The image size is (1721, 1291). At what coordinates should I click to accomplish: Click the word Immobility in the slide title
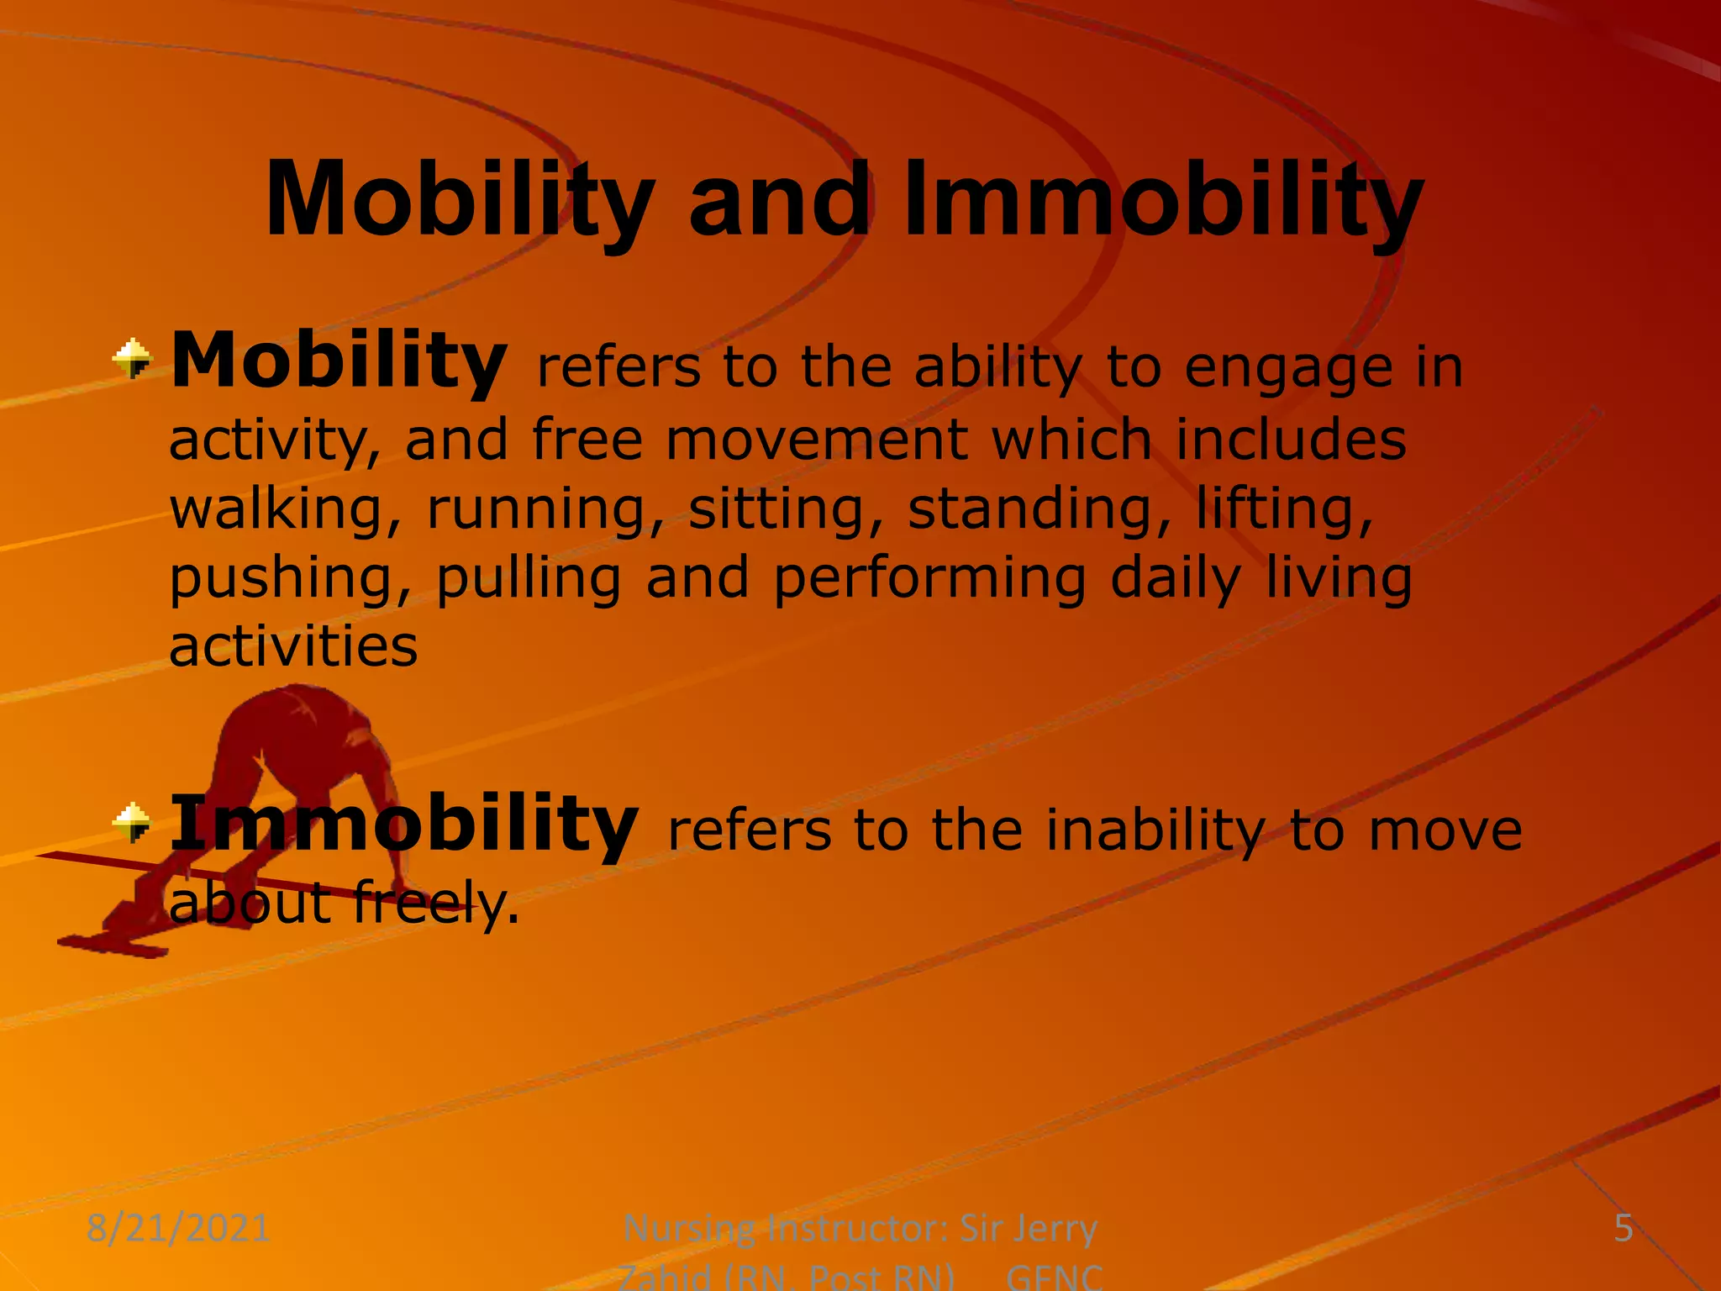(x=1163, y=202)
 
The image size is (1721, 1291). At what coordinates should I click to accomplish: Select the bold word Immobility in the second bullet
(x=404, y=825)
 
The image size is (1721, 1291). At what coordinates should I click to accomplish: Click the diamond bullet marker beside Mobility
(x=133, y=359)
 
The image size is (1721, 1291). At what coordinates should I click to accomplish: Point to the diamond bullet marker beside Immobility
(x=133, y=822)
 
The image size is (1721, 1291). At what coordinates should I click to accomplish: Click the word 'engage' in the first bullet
(x=1288, y=370)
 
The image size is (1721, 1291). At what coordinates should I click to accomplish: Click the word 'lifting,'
(x=1285, y=510)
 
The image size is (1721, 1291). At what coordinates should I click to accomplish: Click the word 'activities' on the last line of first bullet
(x=293, y=647)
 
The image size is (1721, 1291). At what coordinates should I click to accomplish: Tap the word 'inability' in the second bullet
(x=1155, y=830)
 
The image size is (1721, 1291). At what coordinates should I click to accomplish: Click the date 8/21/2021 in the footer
(x=178, y=1229)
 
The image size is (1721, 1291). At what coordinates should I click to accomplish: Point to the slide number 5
(x=1624, y=1229)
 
